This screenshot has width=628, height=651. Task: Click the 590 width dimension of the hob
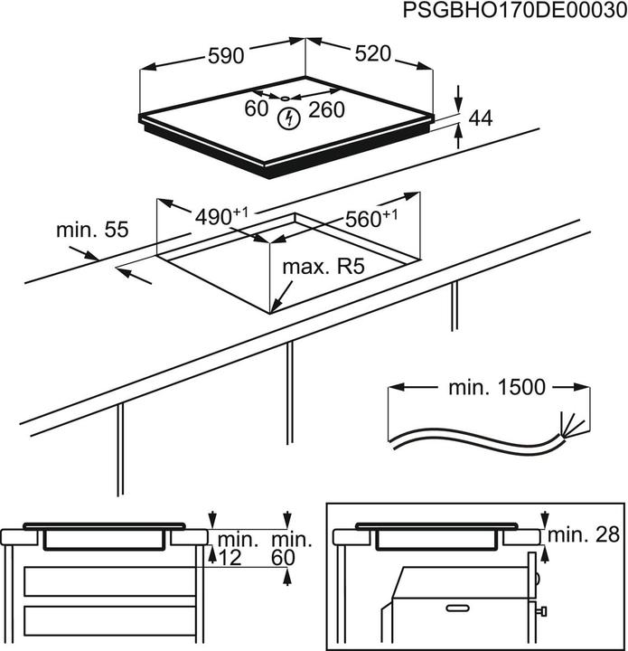click(225, 56)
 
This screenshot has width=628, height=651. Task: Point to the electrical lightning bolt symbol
click(288, 117)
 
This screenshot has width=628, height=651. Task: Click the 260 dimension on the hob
click(326, 109)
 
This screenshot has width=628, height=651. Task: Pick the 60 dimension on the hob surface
click(257, 108)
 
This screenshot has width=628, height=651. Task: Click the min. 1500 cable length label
click(496, 388)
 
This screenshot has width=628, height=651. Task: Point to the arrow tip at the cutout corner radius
click(274, 310)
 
